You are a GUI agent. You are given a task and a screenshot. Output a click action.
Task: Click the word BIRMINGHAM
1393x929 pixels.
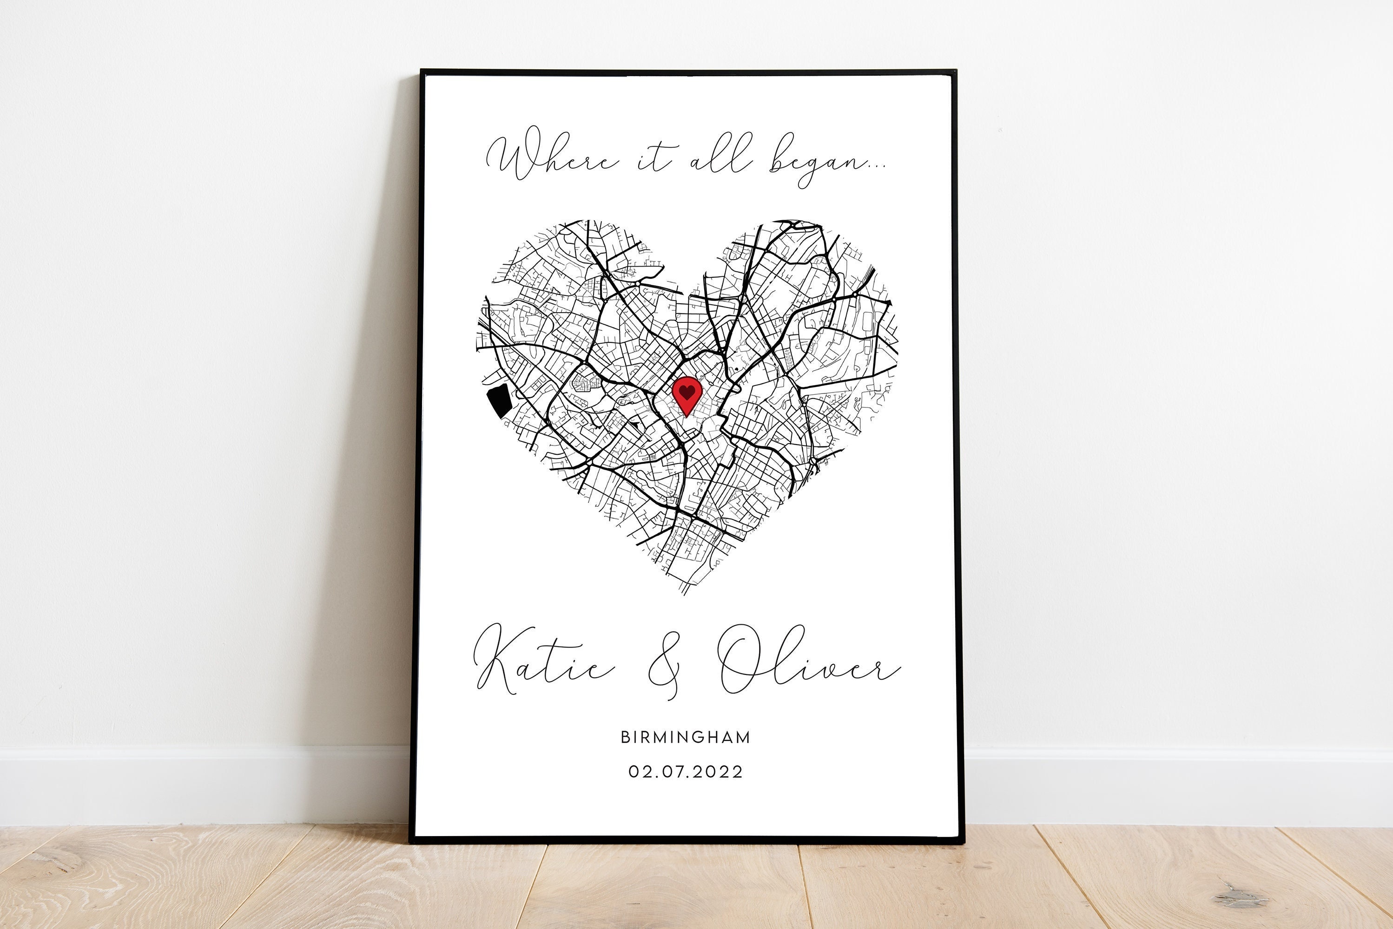(685, 737)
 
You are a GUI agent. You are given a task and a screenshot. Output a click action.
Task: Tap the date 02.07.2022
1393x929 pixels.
(685, 772)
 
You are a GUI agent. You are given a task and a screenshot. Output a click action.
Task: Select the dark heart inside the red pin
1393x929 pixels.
(687, 391)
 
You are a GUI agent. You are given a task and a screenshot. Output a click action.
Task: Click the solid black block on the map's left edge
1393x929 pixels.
(498, 400)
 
